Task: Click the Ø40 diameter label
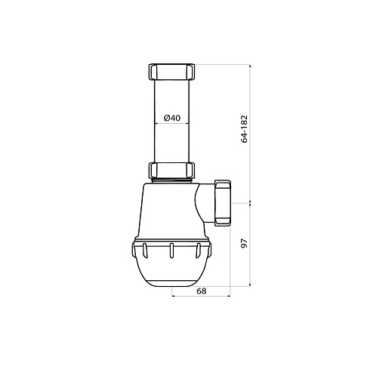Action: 172,118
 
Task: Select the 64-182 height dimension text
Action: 245,129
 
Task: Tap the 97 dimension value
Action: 245,244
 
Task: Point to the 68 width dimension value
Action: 202,291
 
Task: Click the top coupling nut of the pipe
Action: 171,72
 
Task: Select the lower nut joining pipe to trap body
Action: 171,171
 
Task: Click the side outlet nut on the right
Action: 223,202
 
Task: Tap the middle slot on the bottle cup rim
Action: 171,251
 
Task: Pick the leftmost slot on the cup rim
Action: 145,251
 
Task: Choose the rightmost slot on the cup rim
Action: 198,251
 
